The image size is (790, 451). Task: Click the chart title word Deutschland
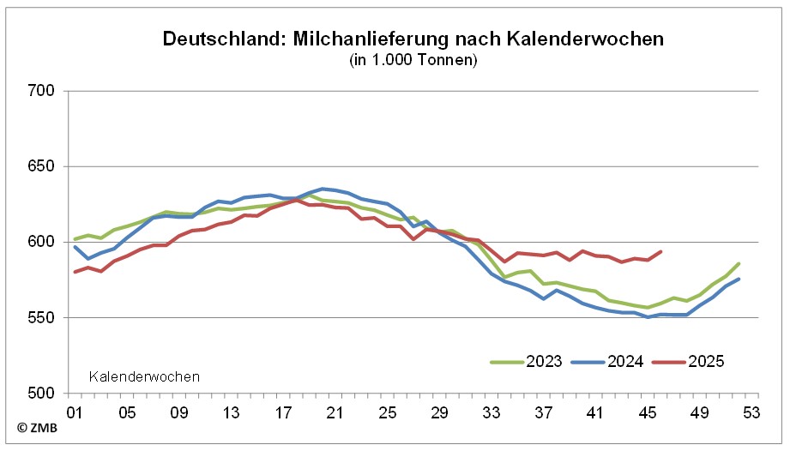pyautogui.click(x=215, y=39)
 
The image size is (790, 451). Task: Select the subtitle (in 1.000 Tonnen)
pyautogui.click(x=413, y=60)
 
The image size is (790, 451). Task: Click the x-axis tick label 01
pyautogui.click(x=75, y=412)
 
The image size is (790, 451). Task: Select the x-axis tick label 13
pyautogui.click(x=232, y=412)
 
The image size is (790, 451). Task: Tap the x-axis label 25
pyautogui.click(x=388, y=412)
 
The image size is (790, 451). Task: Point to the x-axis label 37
pyautogui.click(x=544, y=412)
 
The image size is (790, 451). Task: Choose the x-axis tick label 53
pyautogui.click(x=752, y=412)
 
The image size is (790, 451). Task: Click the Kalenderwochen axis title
pyautogui.click(x=144, y=376)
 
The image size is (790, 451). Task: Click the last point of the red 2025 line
pyautogui.click(x=661, y=251)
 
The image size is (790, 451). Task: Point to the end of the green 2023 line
pyautogui.click(x=739, y=263)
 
